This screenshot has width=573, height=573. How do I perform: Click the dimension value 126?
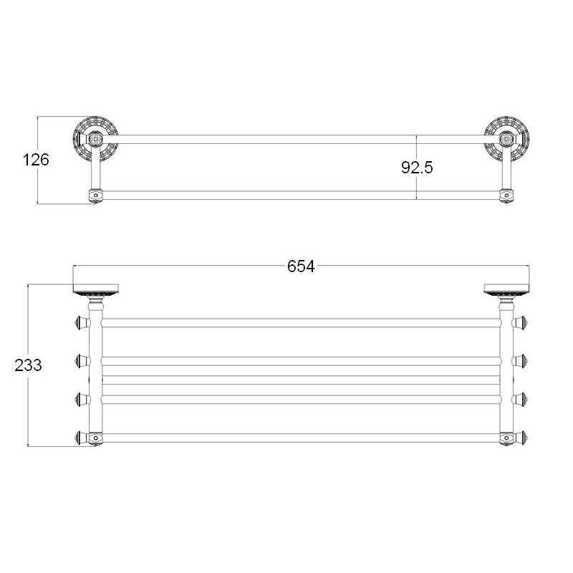(36, 160)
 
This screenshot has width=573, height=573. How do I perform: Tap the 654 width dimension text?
(301, 266)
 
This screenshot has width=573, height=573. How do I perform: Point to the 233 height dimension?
(28, 365)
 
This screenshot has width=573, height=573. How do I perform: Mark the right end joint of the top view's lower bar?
(506, 193)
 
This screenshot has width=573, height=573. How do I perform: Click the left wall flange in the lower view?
(95, 291)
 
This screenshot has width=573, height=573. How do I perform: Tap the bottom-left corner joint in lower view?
(95, 436)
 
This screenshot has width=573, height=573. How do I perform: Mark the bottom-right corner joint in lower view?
(506, 436)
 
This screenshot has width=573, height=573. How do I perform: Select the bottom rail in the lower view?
(301, 435)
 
